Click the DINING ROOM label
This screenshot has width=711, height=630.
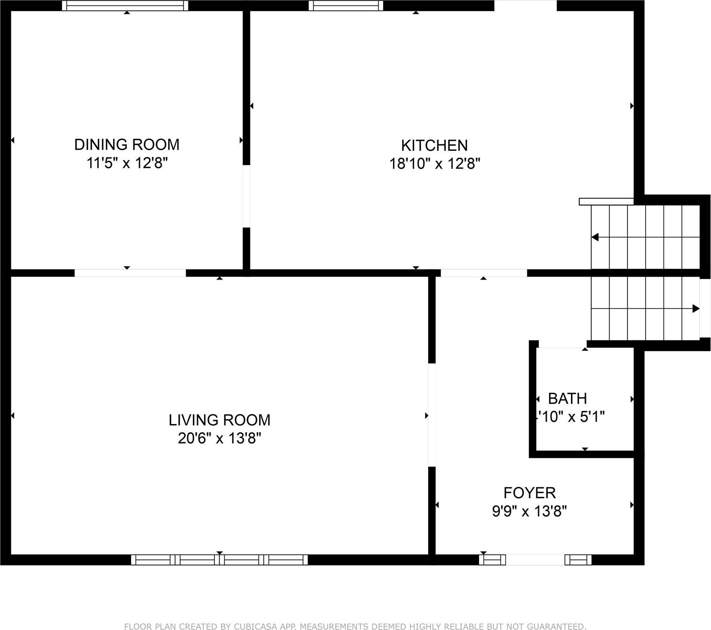(127, 144)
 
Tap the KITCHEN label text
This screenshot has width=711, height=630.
(434, 145)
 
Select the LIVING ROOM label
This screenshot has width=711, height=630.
(219, 420)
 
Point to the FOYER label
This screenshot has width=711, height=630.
(529, 493)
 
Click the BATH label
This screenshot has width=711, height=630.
(567, 398)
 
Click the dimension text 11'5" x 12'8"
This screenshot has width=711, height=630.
(127, 163)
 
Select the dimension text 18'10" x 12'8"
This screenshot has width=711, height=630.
(434, 164)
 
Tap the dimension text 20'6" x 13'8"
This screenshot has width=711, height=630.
(219, 438)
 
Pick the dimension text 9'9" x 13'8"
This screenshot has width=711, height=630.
(529, 512)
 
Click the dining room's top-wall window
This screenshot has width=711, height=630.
(125, 6)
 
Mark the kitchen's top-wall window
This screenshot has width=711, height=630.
(346, 6)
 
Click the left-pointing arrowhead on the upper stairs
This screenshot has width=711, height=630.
(595, 237)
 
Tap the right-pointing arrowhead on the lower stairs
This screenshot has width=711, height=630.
(696, 309)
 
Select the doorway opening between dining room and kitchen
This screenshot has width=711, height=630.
(246, 196)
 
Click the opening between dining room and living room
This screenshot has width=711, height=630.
(130, 273)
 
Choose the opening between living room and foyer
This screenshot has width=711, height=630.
(432, 415)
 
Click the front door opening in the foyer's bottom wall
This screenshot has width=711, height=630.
(535, 560)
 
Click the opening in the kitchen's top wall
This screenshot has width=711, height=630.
(525, 6)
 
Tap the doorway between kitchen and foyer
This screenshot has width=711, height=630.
(484, 273)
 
